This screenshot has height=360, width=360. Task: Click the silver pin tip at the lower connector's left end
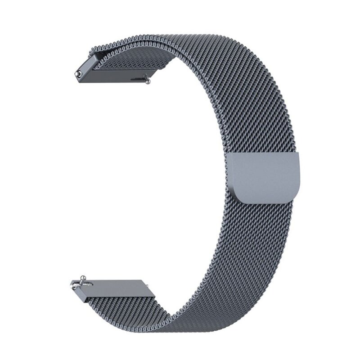coord(72,283)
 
